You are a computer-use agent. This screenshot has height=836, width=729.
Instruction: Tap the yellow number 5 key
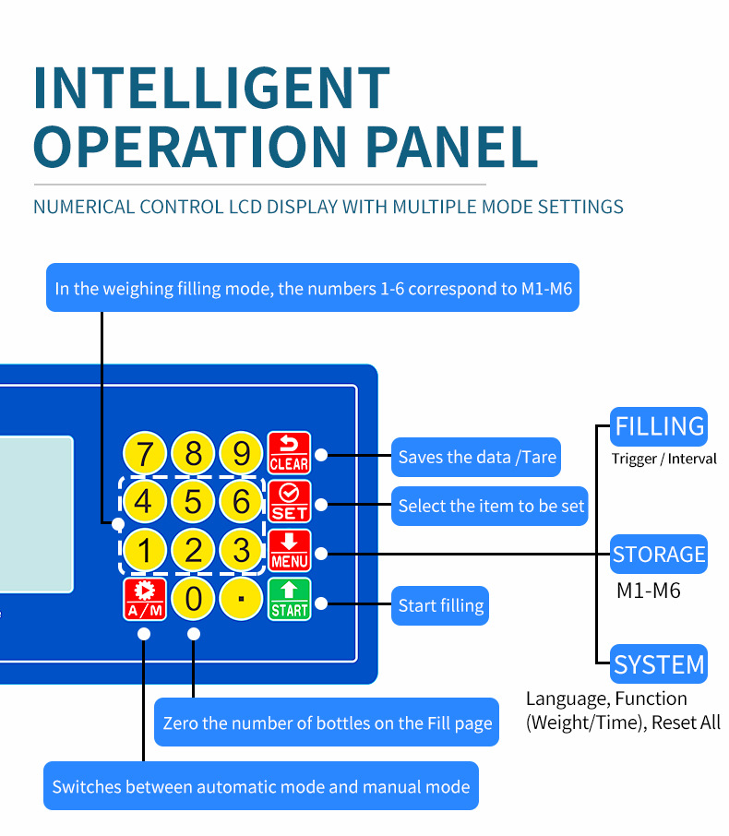tap(193, 502)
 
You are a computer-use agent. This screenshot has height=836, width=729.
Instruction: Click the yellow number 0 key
tap(193, 599)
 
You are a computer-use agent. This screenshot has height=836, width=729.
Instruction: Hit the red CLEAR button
tap(289, 453)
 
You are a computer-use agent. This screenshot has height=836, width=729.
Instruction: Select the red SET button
tap(289, 502)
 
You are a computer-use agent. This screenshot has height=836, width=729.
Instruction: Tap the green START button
tap(289, 599)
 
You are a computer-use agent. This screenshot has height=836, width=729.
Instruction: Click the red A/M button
tap(145, 599)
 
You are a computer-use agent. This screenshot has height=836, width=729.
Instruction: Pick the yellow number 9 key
tap(242, 453)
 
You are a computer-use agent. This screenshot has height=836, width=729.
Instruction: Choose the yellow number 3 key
tap(242, 551)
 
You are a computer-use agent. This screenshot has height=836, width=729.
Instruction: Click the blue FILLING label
tap(659, 427)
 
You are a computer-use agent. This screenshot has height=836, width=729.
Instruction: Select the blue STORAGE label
tap(659, 555)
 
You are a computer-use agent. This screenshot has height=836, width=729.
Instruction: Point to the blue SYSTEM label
tap(659, 664)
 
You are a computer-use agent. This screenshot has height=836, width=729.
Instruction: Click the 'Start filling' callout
tap(440, 606)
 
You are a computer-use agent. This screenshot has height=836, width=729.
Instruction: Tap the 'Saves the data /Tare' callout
tap(476, 457)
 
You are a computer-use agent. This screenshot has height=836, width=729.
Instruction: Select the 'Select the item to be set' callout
tap(490, 506)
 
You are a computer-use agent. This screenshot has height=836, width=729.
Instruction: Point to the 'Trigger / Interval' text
tap(663, 459)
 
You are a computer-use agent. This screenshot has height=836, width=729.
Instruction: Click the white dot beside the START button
tap(321, 603)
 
